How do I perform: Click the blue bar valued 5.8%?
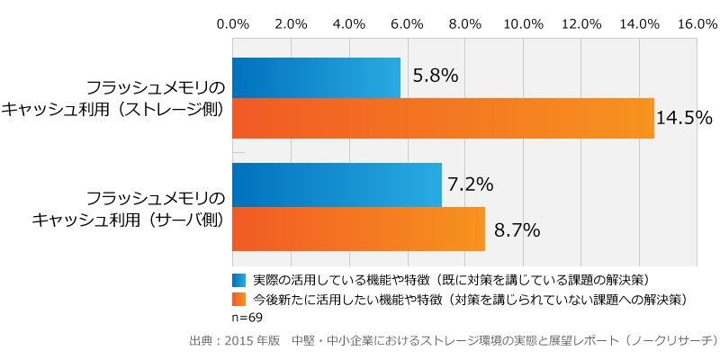tap(316, 77)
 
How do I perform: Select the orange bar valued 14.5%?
tap(443, 119)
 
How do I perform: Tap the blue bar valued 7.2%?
tap(337, 184)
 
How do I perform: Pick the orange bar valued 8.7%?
tap(358, 229)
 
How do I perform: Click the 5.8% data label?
tap(436, 76)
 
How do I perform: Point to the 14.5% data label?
tap(685, 118)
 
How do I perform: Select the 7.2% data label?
tap(471, 184)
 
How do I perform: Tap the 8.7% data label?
tap(517, 230)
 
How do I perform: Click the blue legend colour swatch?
tap(239, 280)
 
